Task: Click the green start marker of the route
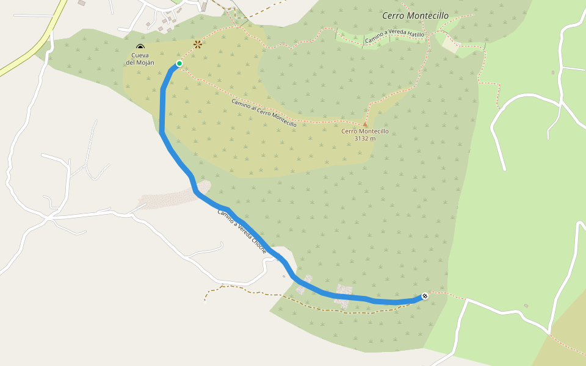179,63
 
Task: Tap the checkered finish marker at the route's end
425,296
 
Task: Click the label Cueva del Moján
141,59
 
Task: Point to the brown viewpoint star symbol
198,44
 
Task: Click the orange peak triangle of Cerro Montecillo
365,124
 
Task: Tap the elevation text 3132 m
364,138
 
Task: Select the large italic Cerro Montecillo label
415,16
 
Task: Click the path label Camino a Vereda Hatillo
394,38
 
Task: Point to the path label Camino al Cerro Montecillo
264,113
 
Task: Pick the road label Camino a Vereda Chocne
242,232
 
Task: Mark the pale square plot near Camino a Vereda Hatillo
450,44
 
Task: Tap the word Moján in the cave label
146,62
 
